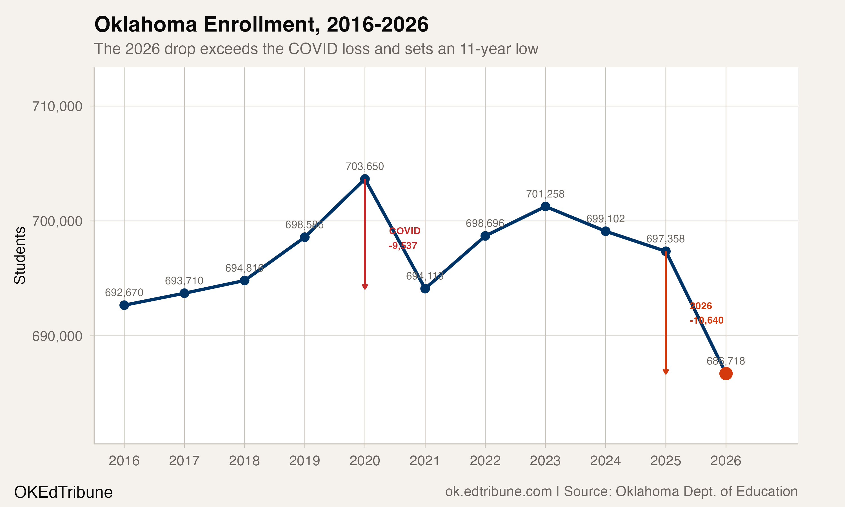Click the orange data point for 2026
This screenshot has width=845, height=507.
click(726, 374)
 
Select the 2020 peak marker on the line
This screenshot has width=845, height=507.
click(365, 179)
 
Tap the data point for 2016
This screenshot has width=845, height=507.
click(124, 305)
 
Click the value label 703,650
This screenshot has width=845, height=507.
click(365, 167)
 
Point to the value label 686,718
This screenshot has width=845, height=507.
click(726, 361)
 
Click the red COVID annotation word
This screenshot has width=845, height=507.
click(405, 231)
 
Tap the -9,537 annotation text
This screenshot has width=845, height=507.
click(403, 246)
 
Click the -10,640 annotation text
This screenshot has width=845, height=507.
click(706, 321)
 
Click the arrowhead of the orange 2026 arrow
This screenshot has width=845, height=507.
click(665, 372)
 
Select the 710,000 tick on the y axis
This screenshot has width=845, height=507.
click(57, 106)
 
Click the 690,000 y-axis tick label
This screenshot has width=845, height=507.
click(57, 336)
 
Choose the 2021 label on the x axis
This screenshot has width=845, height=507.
click(424, 461)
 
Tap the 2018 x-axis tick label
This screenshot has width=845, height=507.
click(244, 461)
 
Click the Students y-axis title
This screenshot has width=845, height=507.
click(20, 255)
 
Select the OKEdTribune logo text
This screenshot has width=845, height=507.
click(63, 492)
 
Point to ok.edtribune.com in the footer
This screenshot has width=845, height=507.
click(498, 491)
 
